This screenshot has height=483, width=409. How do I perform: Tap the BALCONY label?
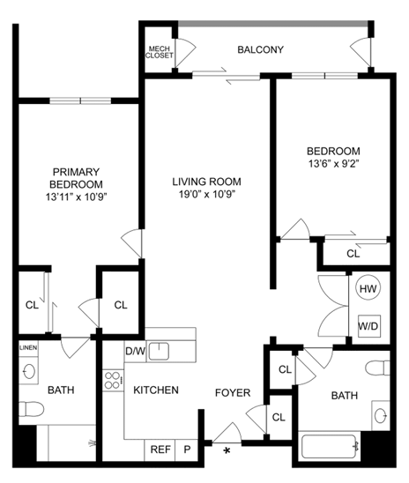point(260,50)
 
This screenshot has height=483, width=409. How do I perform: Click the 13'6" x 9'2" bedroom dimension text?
point(333,163)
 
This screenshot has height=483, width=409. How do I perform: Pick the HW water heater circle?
point(367,288)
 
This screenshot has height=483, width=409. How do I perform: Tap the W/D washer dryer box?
point(367,325)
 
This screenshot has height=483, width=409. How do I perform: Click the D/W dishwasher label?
point(134,351)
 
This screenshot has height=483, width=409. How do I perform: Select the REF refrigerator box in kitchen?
point(160,449)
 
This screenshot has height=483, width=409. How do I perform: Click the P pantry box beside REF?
point(187,449)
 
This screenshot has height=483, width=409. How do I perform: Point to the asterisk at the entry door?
point(227,451)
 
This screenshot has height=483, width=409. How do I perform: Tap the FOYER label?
point(233,393)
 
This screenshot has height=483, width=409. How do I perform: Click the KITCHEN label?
point(156,390)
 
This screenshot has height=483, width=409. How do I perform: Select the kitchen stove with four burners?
point(114,381)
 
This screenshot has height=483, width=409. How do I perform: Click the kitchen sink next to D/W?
point(159,352)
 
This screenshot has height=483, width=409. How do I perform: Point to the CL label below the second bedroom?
point(353,253)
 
